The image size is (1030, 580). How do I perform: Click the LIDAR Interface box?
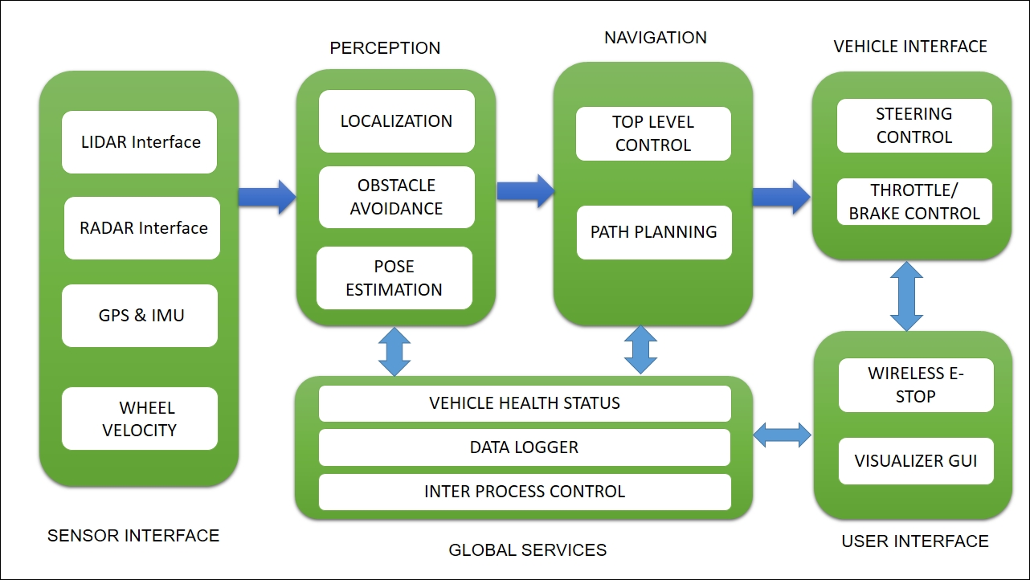pos(139,142)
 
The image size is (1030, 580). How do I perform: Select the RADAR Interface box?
pos(142,228)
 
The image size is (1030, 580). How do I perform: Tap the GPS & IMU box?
pos(140,315)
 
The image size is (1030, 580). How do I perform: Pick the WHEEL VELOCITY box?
pos(140,419)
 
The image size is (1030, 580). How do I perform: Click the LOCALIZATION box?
pos(396,121)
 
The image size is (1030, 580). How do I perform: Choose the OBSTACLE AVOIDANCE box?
pos(396,197)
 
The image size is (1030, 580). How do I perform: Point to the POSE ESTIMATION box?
pos(394,278)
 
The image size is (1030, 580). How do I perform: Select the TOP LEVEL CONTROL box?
pos(653,133)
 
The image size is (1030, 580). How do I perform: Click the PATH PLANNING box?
pos(654,232)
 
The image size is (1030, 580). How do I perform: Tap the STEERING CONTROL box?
pos(914,125)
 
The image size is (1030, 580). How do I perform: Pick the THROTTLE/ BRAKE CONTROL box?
pos(914,202)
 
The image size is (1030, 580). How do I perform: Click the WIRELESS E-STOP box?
pos(916,385)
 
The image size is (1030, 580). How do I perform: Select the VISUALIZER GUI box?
pos(916,461)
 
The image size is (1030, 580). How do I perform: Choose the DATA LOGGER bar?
pos(525,447)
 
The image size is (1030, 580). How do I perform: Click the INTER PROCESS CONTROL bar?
pos(525,492)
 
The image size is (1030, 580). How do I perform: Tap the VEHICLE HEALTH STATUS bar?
pos(525,403)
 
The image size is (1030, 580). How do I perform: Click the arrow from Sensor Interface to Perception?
pos(268,197)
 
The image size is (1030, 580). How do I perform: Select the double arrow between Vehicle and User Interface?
pos(906,296)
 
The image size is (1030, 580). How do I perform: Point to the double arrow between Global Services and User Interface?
pos(783,435)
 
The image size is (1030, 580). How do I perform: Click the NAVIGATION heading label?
pos(656,38)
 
